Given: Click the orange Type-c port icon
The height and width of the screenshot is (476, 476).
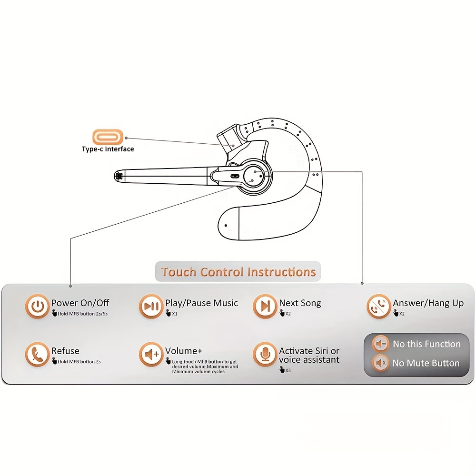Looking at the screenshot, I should [108, 138].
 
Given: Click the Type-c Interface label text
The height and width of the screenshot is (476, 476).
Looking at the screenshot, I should [108, 149].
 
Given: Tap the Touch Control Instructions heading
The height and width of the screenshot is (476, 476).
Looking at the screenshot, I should [238, 272].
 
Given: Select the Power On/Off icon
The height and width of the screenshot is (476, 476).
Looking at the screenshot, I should [37, 306].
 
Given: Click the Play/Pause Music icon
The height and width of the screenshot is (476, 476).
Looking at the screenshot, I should [151, 306].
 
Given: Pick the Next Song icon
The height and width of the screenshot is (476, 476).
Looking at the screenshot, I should [265, 306].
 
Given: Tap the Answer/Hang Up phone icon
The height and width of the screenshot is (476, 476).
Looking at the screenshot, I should [379, 306].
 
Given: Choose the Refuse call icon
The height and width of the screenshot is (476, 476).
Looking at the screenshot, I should [37, 354].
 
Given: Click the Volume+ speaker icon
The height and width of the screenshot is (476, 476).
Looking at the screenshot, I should [151, 354].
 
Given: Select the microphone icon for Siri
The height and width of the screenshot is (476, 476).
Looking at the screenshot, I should [265, 354].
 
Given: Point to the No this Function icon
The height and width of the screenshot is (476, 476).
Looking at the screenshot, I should [380, 344].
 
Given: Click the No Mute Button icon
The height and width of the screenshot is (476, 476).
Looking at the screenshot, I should [380, 363].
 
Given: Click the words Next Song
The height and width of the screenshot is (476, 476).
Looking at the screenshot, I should [300, 303].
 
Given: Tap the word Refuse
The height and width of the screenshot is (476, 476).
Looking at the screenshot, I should [65, 351].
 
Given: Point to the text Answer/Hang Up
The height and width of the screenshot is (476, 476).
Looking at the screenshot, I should [428, 303].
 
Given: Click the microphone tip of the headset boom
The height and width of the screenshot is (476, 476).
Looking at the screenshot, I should [119, 176].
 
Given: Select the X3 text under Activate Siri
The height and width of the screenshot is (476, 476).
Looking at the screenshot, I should [288, 370].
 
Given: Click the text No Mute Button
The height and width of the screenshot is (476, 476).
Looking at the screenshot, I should [426, 363].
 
